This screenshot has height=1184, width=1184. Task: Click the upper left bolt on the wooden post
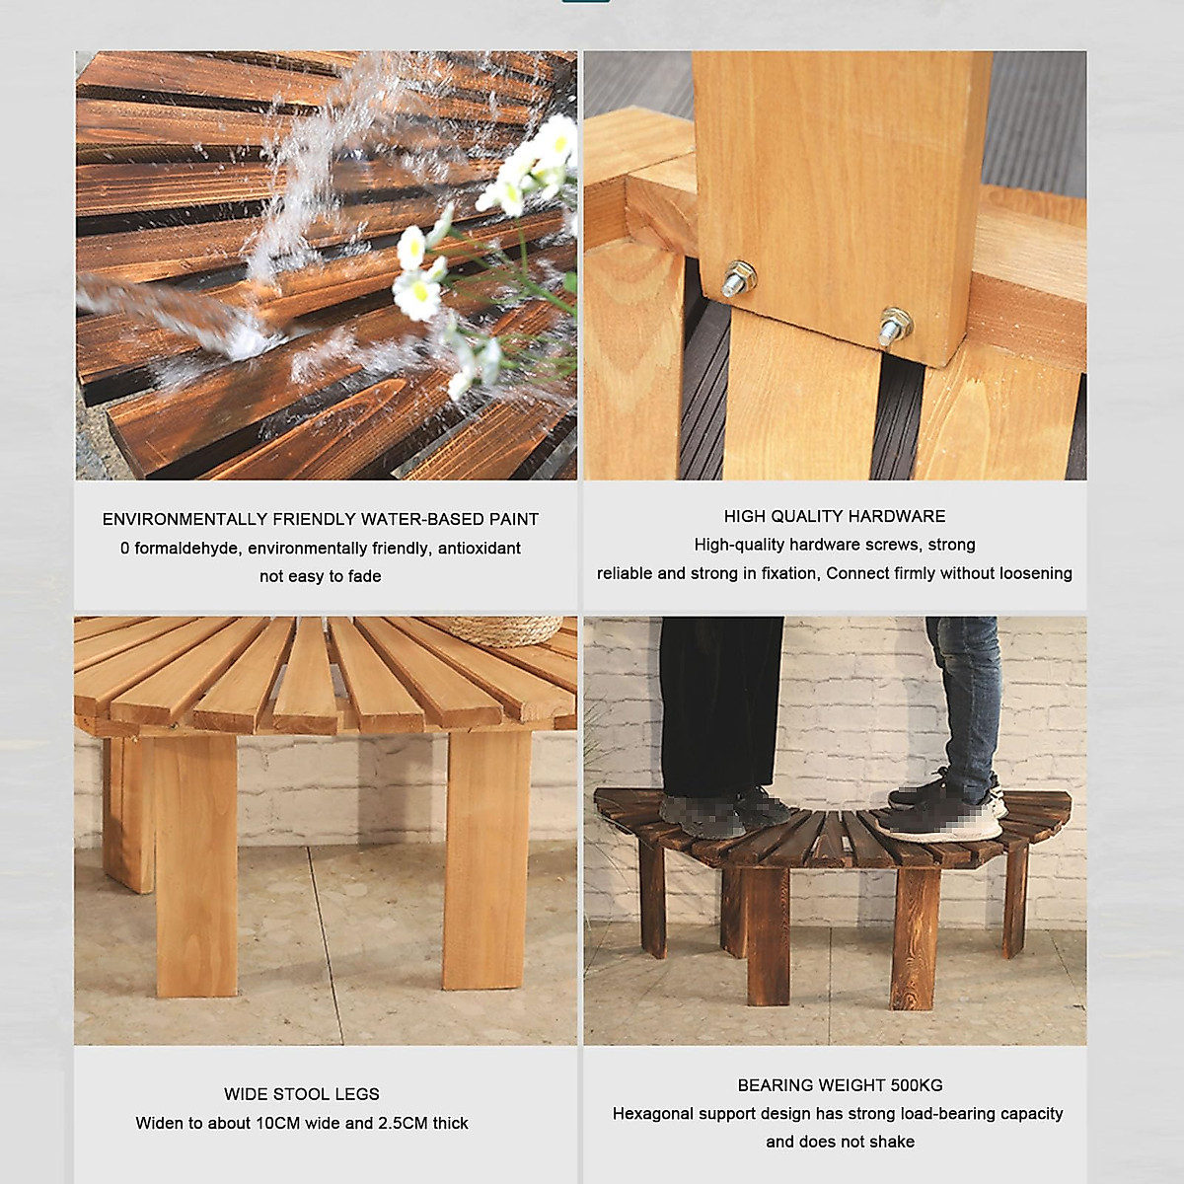pos(737,278)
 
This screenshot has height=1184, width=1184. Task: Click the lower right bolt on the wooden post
pos(894,327)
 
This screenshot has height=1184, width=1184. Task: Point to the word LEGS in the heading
pos(356,1094)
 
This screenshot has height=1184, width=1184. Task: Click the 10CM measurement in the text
pos(281,1123)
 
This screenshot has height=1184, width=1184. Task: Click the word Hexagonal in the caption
pos(652,1113)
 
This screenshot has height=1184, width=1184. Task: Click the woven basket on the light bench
pos(504,629)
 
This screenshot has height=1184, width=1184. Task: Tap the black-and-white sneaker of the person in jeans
pos(942,814)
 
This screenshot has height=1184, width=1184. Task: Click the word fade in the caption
pos(364,576)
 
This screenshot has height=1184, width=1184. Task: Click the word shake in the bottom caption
pos(893,1142)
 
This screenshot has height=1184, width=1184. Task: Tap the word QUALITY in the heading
pos(803,516)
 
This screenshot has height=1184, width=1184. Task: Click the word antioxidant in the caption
pos(479,548)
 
